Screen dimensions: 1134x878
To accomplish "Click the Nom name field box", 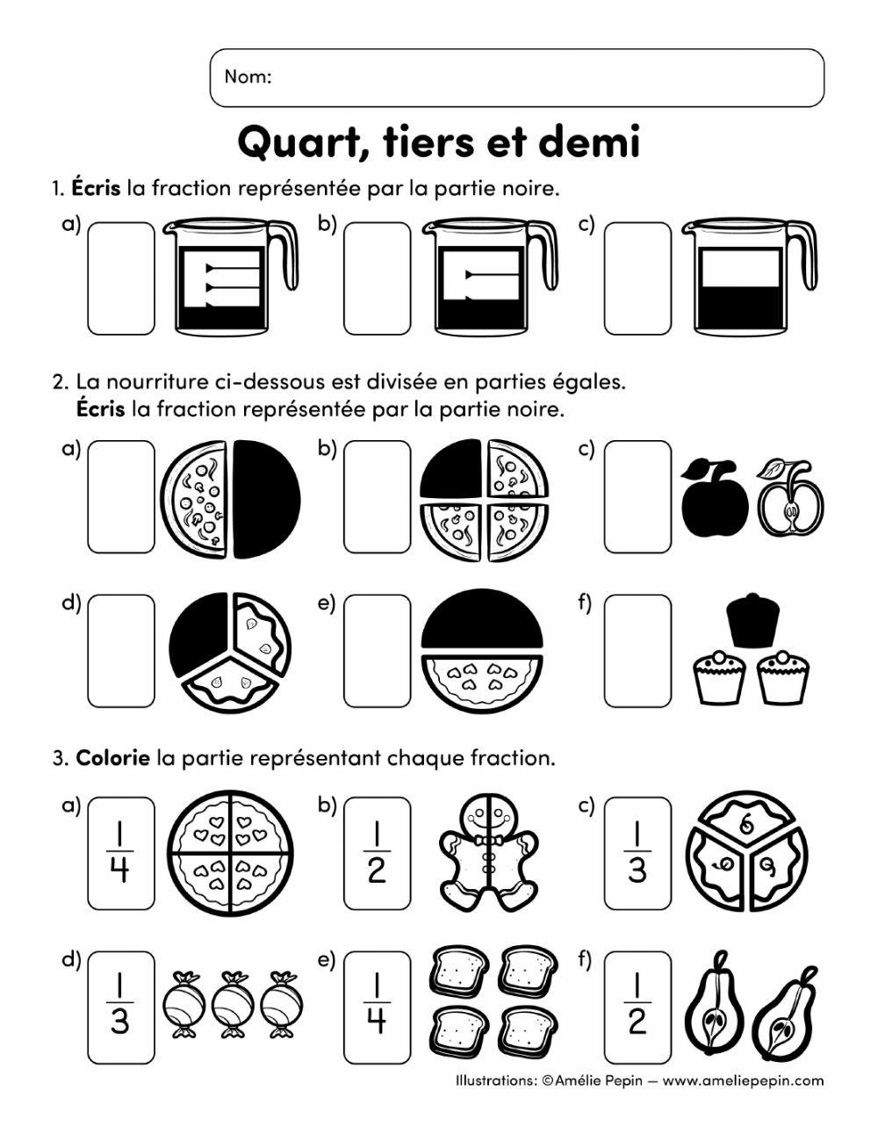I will click(x=516, y=77).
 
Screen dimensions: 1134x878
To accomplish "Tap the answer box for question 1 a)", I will click(x=121, y=278).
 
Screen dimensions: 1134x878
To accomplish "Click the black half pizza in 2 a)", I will click(x=265, y=498).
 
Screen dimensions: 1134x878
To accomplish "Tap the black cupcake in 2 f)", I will click(x=752, y=621).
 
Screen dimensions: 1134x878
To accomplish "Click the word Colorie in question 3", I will click(x=113, y=757).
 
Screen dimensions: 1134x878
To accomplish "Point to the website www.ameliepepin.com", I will click(x=743, y=1081).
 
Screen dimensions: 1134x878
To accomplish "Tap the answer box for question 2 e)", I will click(x=377, y=650).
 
